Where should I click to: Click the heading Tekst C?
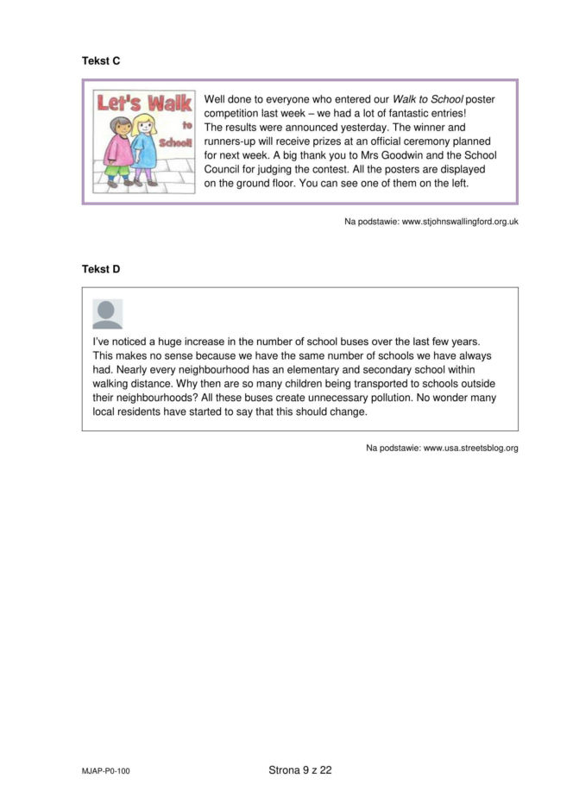click(101, 60)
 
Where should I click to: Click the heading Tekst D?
click(101, 269)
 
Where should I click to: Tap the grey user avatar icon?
click(108, 314)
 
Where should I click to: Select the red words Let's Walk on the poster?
click(144, 104)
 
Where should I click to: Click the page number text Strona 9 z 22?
click(300, 770)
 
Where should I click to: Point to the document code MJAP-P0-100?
click(106, 771)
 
